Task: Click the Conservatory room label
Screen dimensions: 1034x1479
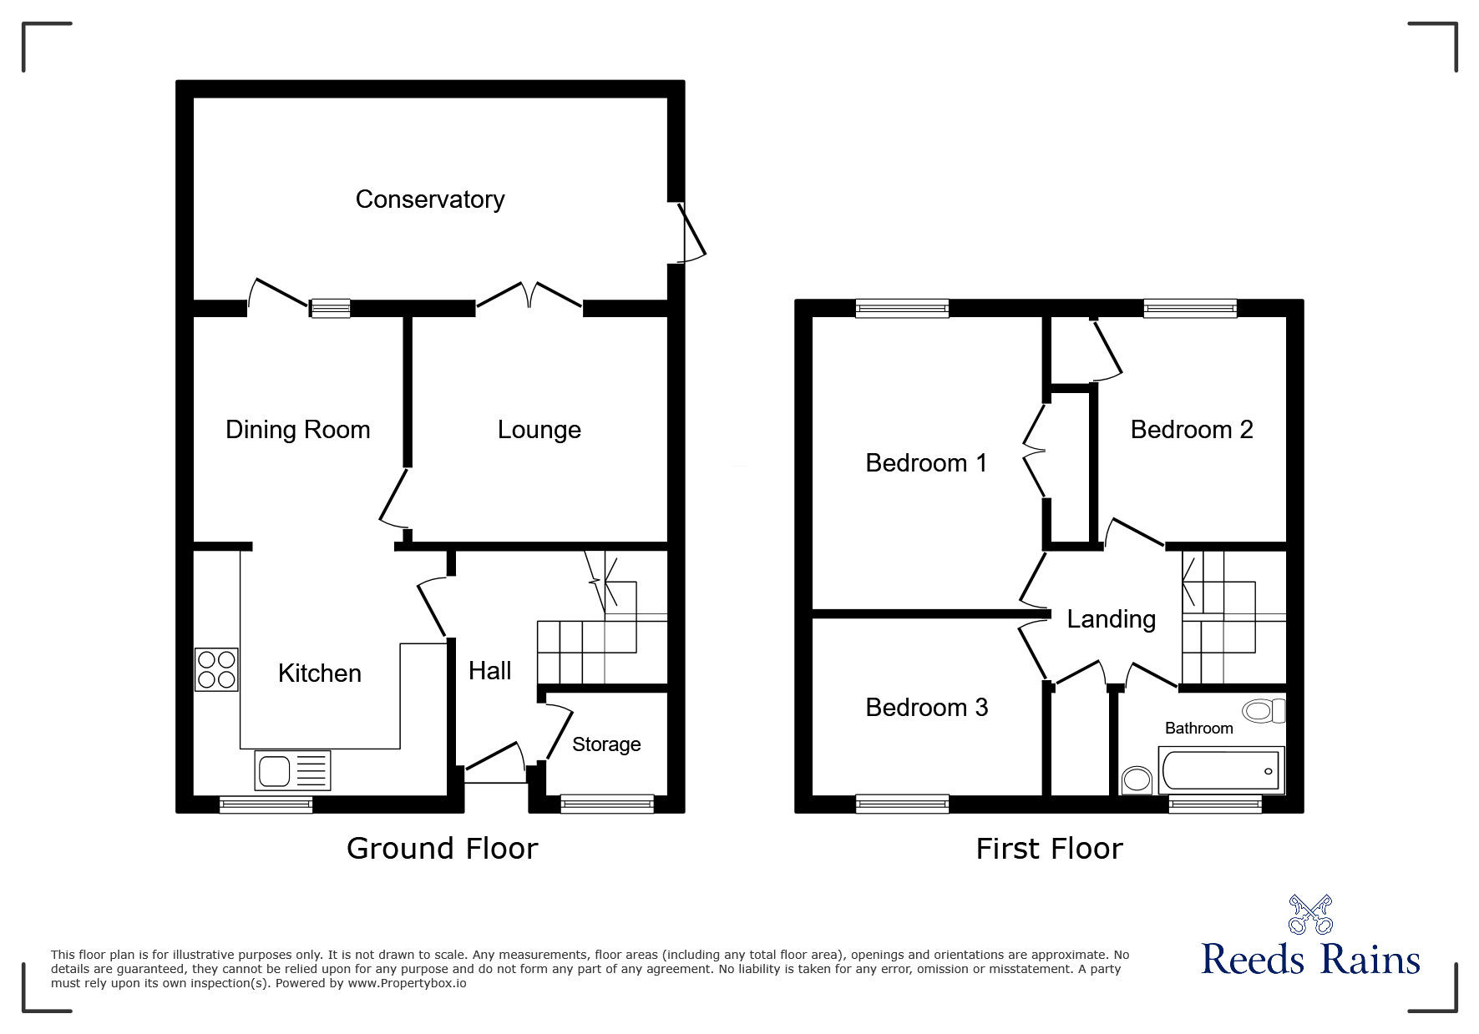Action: click(x=429, y=199)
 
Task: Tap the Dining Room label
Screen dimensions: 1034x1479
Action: click(x=297, y=430)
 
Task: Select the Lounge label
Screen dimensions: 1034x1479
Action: click(x=539, y=430)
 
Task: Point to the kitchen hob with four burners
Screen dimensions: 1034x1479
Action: click(x=216, y=669)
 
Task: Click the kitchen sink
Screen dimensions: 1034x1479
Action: click(x=292, y=770)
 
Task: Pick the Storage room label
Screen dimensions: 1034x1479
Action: click(x=606, y=744)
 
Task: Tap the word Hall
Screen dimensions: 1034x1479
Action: click(x=489, y=670)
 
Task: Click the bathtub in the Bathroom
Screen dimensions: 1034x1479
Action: click(x=1220, y=769)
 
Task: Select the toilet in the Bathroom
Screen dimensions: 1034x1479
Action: click(x=1263, y=711)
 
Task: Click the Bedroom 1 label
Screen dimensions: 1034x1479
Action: click(x=926, y=462)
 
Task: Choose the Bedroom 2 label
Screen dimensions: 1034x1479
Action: click(x=1192, y=430)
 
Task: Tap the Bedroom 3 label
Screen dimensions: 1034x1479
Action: click(x=926, y=708)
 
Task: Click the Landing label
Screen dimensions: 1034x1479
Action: click(x=1111, y=619)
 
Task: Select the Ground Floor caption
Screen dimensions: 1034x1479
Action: click(x=442, y=849)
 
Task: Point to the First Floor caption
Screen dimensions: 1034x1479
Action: click(x=1049, y=849)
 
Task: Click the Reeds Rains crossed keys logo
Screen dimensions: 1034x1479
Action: click(x=1310, y=915)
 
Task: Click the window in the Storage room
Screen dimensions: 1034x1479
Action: click(x=607, y=804)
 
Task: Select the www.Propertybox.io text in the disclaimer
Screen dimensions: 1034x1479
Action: click(x=407, y=983)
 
